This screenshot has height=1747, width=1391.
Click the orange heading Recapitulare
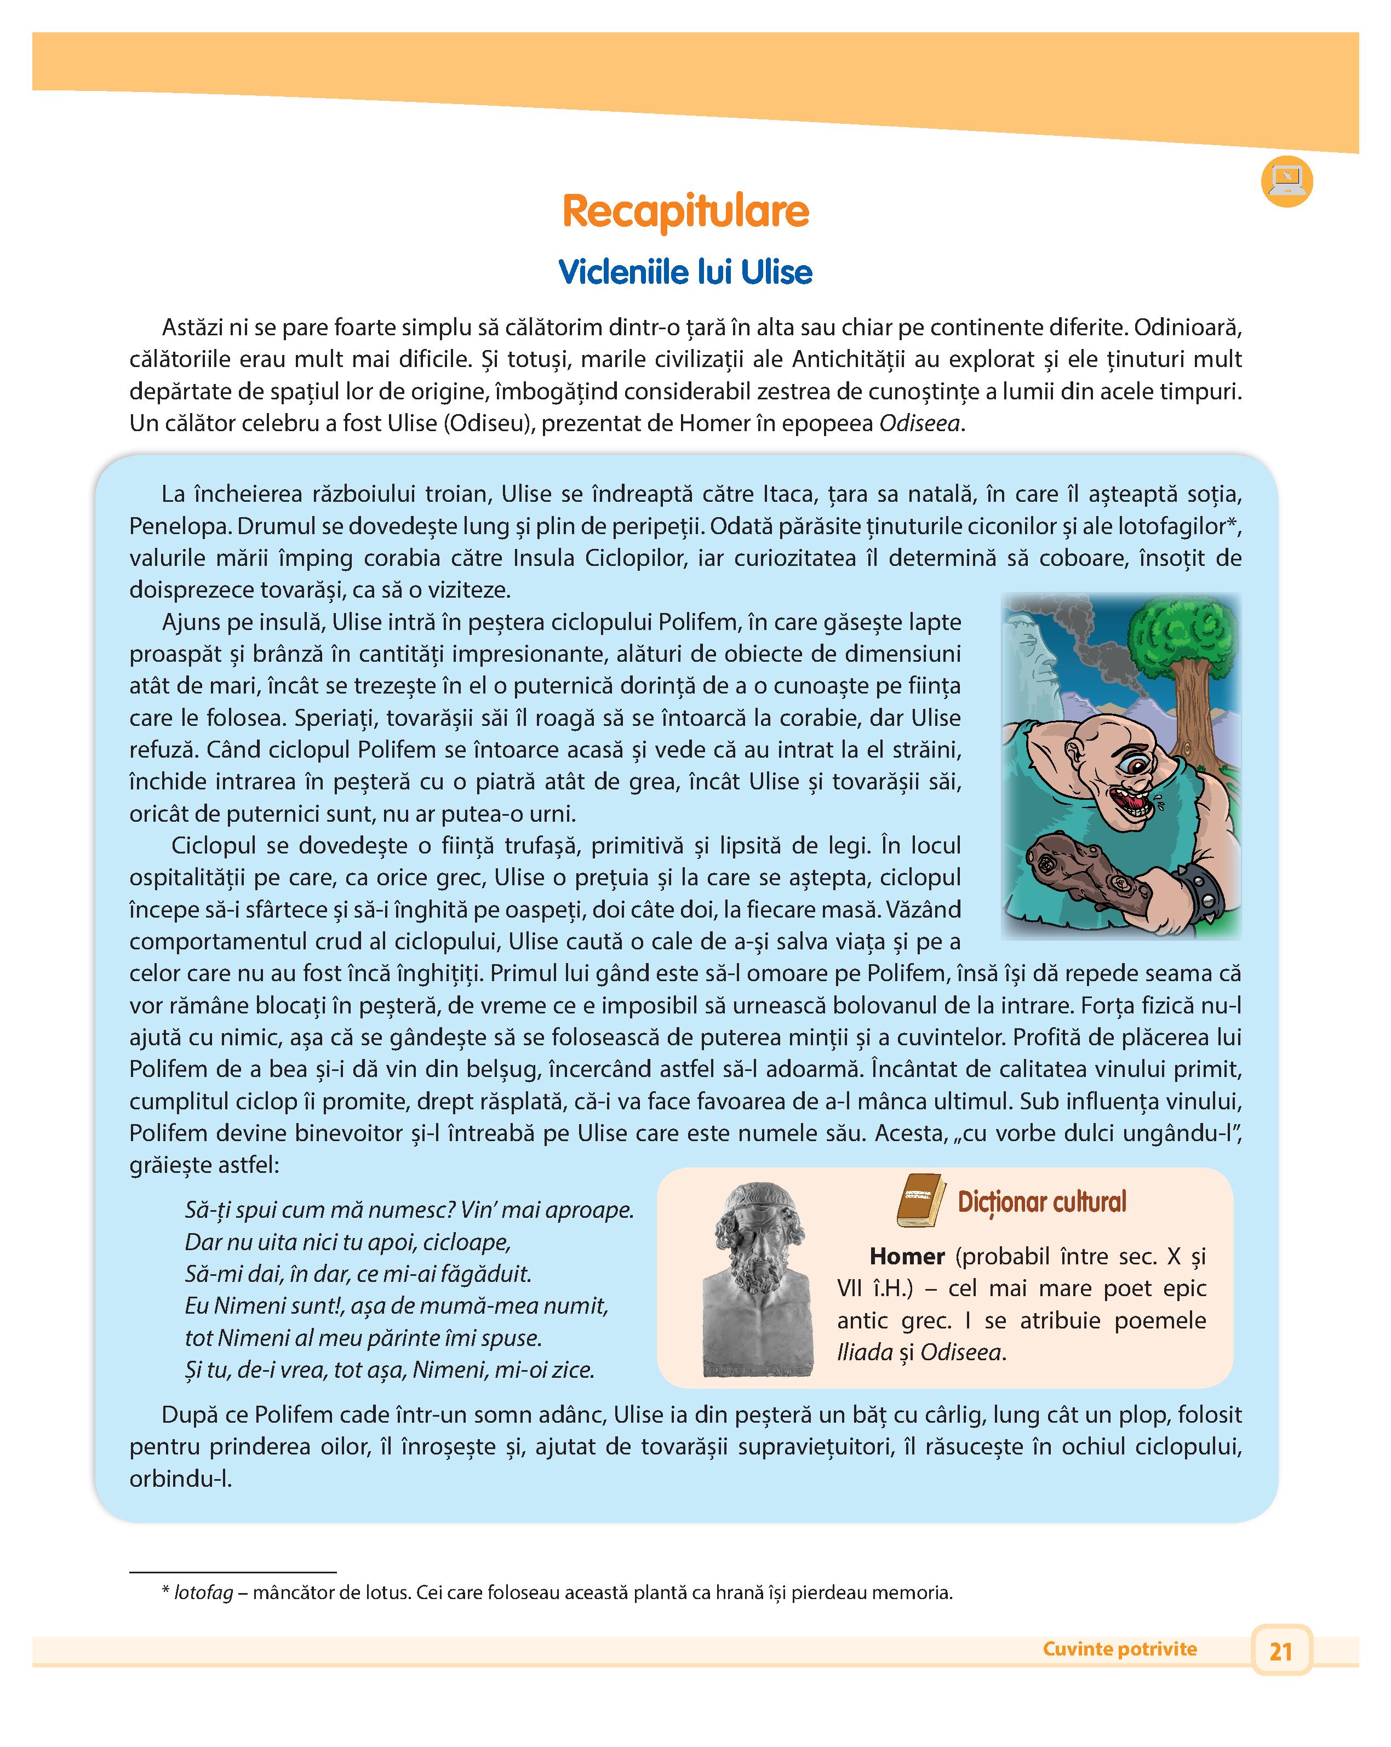685,211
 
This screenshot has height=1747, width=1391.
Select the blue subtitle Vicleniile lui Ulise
685,272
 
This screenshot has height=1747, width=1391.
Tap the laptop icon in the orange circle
1286,181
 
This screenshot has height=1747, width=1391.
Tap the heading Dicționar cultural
1042,1202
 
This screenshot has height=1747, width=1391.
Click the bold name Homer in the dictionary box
907,1257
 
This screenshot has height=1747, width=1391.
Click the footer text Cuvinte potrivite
1120,1649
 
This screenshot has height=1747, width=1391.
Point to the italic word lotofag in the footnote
203,1592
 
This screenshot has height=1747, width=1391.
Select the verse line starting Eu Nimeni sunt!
396,1305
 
